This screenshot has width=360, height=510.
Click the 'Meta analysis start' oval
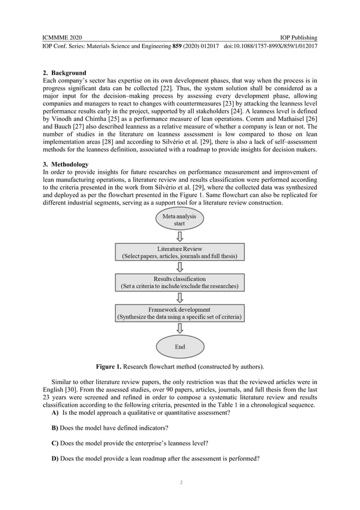coord(179,220)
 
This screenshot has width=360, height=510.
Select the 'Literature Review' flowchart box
coord(179,251)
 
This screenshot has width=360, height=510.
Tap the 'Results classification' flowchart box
coord(179,282)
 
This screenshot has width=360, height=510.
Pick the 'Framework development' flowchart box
coord(179,313)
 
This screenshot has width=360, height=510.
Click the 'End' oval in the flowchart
coord(179,346)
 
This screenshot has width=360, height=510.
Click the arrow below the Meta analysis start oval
coord(179,236)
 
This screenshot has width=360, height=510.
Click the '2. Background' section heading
coord(65,73)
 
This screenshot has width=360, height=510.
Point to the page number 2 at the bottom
coord(180,483)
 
